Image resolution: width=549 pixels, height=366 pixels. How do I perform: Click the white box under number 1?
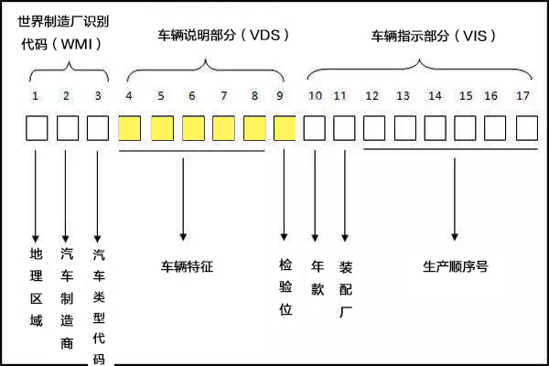37,128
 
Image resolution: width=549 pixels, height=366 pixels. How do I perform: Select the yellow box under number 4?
129,128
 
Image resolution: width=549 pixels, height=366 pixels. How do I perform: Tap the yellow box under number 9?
285,128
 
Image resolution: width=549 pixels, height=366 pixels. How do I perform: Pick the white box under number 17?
527,128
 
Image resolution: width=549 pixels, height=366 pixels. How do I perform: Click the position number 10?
315,95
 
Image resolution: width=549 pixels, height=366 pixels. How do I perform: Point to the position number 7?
223,95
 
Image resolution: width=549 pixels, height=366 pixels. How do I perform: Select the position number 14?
435,95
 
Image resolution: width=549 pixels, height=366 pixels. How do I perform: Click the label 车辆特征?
187,267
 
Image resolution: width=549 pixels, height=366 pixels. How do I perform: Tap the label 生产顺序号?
455,267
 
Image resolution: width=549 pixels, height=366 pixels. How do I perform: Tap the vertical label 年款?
318,277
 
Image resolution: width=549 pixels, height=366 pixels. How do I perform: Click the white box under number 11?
344,128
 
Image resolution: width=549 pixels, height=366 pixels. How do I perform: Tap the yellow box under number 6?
193,128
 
